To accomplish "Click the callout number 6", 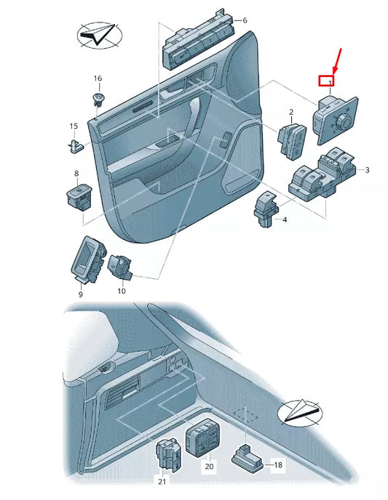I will [245, 20].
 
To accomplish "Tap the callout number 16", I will [98, 78].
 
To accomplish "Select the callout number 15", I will [74, 126].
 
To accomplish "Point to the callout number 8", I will [76, 174].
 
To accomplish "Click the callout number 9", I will [80, 294].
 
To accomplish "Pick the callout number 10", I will [121, 291].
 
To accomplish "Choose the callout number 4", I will [285, 219].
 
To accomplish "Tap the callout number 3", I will [367, 170].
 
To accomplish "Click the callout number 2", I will [291, 113].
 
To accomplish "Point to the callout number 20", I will [209, 467].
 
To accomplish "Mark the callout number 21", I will [162, 482].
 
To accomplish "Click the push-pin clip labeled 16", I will [97, 97].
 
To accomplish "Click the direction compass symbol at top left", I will [99, 34].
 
